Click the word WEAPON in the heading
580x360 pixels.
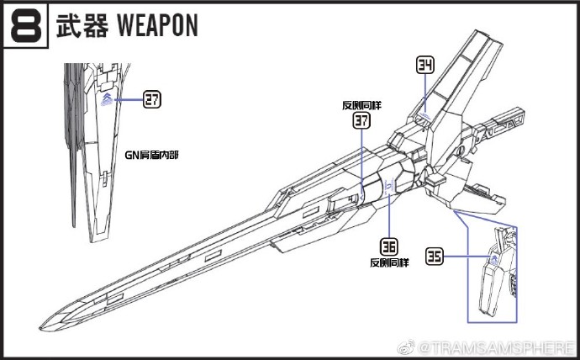(153, 26)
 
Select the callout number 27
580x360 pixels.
(151, 100)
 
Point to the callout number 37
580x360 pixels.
(361, 121)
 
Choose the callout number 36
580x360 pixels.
(388, 247)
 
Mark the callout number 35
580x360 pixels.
(434, 257)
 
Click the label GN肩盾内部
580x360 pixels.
(152, 156)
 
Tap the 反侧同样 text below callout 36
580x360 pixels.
(389, 262)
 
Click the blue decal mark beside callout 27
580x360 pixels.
(107, 100)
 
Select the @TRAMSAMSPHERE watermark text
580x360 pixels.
(509, 347)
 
